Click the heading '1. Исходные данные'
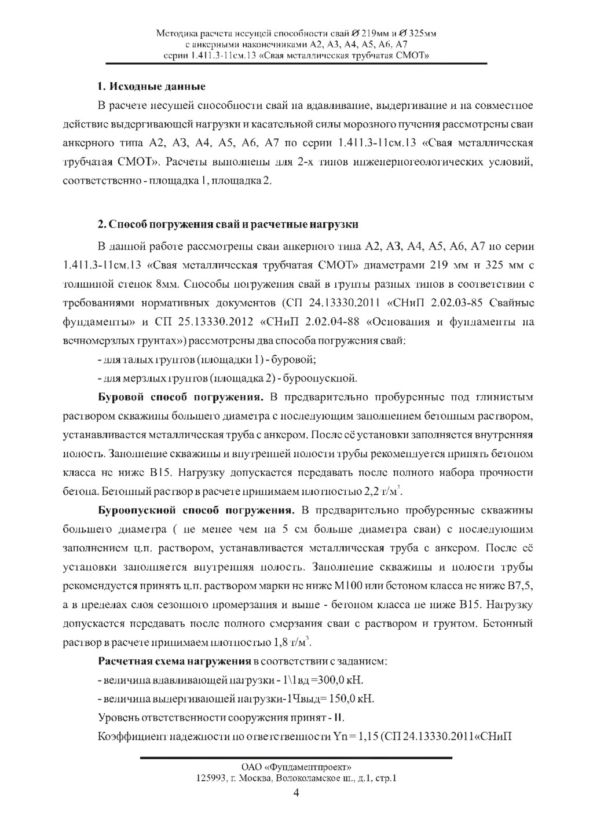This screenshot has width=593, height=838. point(151,87)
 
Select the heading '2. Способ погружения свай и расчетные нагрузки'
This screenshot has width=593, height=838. point(228,224)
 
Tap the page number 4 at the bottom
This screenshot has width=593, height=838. point(296,792)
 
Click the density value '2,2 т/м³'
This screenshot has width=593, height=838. point(382,492)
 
